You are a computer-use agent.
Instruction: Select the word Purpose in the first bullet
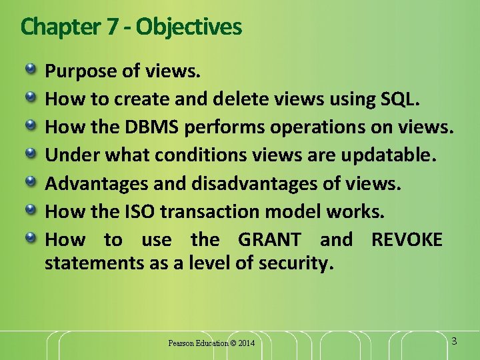77,71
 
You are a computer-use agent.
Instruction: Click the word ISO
142,211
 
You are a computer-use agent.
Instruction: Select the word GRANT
269,239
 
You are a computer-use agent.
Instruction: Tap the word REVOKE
407,239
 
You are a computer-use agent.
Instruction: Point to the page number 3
454,341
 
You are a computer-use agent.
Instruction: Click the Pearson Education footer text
197,343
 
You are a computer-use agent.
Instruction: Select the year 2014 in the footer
245,343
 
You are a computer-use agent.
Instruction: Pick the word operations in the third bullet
316,127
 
